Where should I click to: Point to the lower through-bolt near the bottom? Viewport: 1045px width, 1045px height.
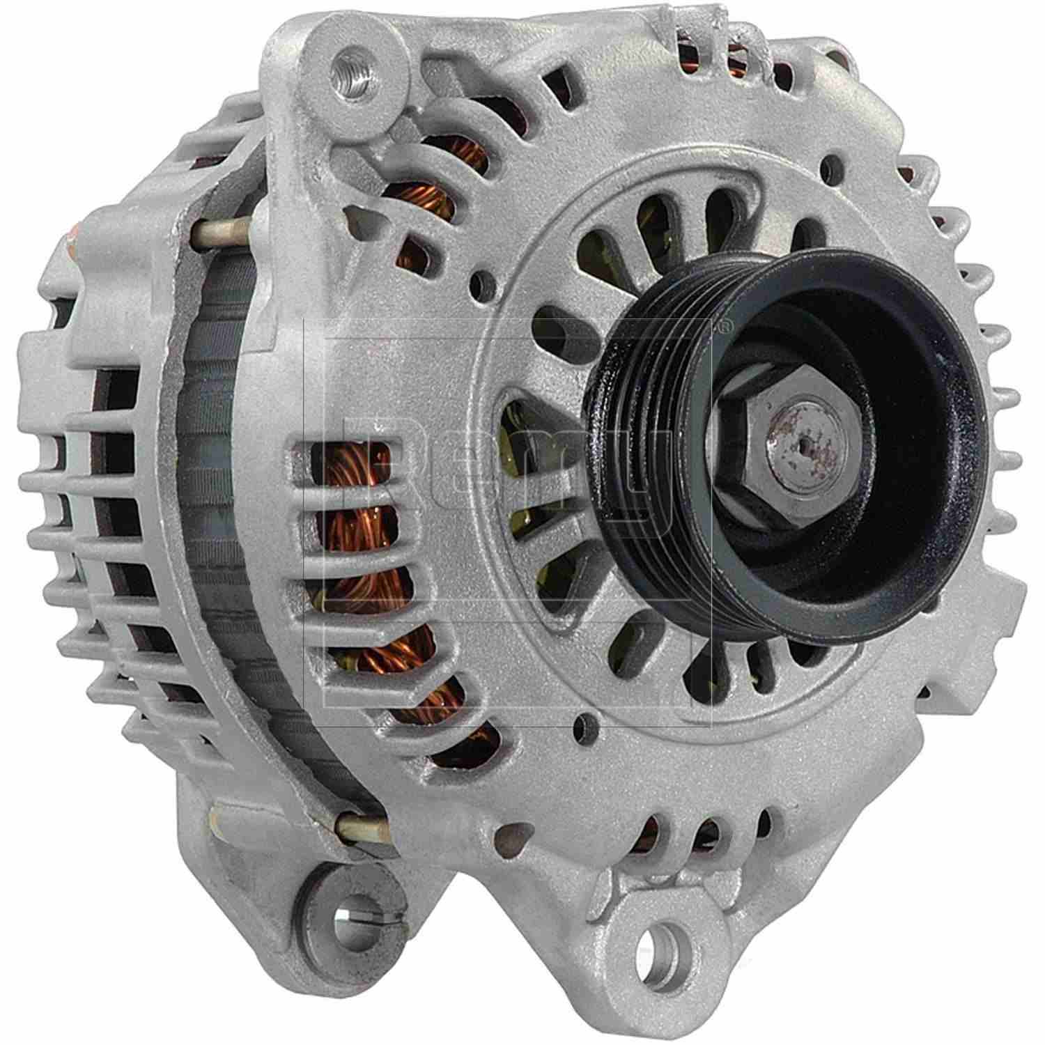coord(362,827)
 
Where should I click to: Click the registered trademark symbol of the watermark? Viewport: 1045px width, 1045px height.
coord(725,324)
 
